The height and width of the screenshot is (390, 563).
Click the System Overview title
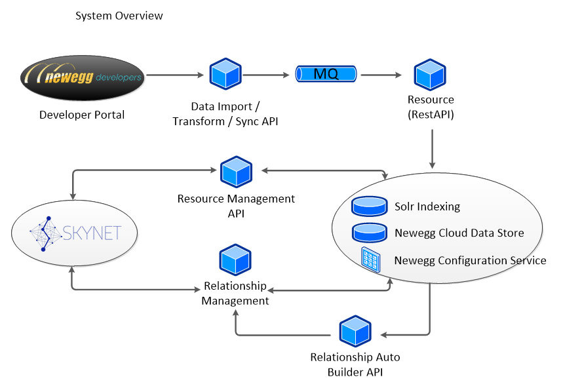click(x=119, y=15)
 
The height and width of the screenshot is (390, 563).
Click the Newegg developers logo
click(x=82, y=77)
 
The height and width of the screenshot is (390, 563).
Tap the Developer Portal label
click(x=82, y=115)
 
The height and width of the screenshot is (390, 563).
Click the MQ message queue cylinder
click(x=326, y=74)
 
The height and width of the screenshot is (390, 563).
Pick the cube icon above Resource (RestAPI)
click(x=430, y=75)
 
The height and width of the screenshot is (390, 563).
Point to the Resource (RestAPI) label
click(x=431, y=106)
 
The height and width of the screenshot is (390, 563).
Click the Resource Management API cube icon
click(x=237, y=172)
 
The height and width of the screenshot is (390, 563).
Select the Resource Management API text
click(x=237, y=205)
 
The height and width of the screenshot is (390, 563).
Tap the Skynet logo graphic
click(x=75, y=232)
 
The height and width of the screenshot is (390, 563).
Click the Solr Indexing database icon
click(x=368, y=206)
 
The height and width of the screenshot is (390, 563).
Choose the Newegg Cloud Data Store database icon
click(x=368, y=233)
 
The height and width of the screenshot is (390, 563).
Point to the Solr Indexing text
click(x=427, y=206)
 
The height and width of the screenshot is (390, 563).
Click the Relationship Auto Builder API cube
click(x=355, y=332)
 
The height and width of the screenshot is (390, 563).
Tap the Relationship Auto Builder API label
click(x=355, y=365)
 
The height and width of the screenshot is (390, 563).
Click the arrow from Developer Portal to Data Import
click(x=174, y=75)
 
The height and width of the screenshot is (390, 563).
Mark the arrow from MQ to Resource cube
click(x=383, y=75)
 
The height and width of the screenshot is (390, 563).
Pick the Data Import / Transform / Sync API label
click(x=225, y=113)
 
